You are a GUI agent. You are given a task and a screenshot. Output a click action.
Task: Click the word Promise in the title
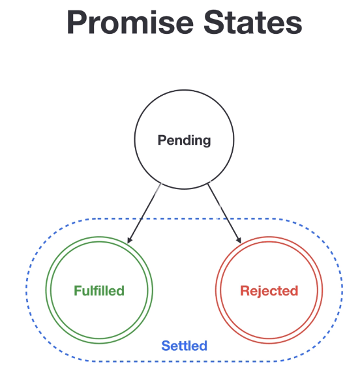[130, 22]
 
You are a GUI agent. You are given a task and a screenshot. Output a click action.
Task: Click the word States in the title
[253, 22]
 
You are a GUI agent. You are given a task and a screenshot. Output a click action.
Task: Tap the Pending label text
[184, 140]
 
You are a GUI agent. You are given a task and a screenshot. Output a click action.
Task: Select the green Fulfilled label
[99, 291]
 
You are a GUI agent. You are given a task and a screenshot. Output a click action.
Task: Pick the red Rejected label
[269, 291]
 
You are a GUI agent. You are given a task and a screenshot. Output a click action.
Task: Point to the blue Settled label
[184, 346]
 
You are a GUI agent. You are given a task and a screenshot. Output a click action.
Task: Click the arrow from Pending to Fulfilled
[144, 213]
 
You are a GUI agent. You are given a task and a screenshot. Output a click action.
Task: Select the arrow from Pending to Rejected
[224, 213]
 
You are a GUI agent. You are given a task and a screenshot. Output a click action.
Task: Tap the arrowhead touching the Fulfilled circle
[129, 240]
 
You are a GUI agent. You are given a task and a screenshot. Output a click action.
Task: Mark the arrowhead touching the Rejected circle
[239, 240]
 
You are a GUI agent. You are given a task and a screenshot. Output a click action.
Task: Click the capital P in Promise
[76, 22]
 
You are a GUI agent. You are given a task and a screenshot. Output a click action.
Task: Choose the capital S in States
[214, 22]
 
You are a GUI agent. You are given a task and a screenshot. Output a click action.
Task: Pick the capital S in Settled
[166, 346]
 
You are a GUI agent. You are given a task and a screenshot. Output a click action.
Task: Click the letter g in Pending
[206, 142]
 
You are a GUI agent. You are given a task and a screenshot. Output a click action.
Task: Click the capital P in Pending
[162, 140]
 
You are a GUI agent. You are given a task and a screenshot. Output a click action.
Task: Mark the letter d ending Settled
[203, 346]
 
